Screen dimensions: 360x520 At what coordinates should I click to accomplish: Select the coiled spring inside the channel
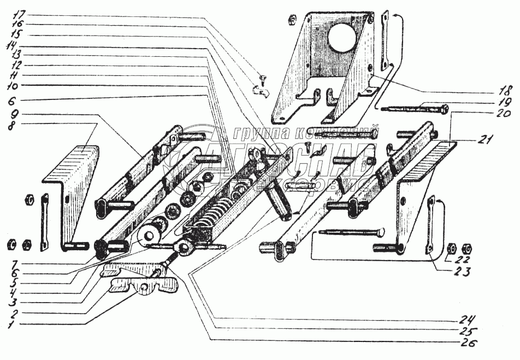(210, 213)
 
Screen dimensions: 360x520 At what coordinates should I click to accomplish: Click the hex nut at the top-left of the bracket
(292, 20)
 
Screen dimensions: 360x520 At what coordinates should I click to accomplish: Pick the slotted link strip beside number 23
(433, 225)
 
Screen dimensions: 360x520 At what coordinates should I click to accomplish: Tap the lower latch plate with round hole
(146, 286)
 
